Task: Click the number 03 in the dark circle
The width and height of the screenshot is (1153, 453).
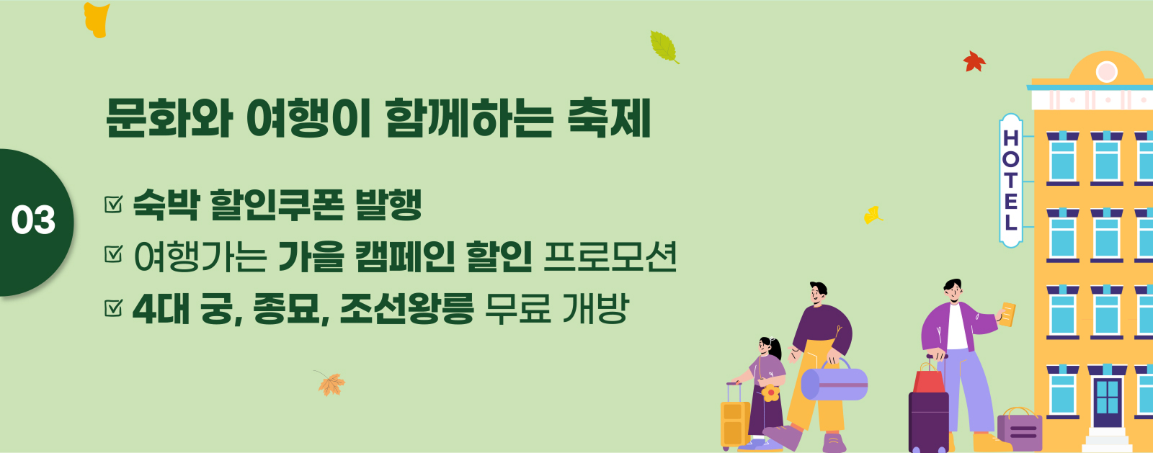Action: click(x=33, y=220)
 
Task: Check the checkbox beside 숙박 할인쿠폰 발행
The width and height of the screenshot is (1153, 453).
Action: click(x=113, y=204)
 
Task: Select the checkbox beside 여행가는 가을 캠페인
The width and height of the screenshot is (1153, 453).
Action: click(x=113, y=254)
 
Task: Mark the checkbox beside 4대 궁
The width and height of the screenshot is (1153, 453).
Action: click(x=113, y=308)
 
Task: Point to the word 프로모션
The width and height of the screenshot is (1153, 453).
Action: click(x=610, y=256)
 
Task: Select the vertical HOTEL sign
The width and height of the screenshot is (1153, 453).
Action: click(x=1010, y=181)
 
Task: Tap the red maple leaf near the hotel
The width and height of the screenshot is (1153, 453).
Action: click(x=974, y=62)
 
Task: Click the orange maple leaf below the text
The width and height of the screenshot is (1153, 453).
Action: click(x=331, y=383)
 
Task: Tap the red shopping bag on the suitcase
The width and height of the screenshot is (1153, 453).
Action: click(x=929, y=379)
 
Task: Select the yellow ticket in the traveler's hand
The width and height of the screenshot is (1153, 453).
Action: click(x=1007, y=314)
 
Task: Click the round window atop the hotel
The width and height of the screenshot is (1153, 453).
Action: click(x=1106, y=72)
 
